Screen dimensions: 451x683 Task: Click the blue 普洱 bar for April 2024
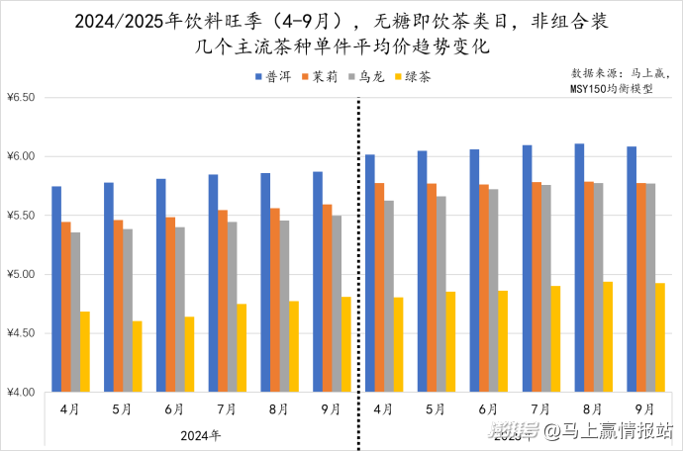pyautogui.click(x=56, y=289)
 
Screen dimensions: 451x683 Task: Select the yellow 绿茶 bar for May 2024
pyautogui.click(x=137, y=356)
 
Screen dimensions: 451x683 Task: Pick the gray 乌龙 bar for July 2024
pyautogui.click(x=232, y=307)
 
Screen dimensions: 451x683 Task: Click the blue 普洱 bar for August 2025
pyautogui.click(x=579, y=267)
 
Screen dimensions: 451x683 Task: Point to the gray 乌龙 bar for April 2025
pyautogui.click(x=388, y=296)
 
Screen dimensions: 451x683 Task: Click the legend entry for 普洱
pyautogui.click(x=271, y=76)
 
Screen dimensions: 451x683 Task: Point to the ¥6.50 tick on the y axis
pyautogui.click(x=20, y=98)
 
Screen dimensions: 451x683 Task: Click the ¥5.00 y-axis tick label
pyautogui.click(x=20, y=274)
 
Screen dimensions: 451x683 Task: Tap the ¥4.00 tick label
pyautogui.click(x=20, y=392)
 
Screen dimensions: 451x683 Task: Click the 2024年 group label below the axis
pyautogui.click(x=200, y=433)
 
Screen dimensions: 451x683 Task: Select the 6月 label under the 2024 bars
pyautogui.click(x=174, y=408)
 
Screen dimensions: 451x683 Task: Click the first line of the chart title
pyautogui.click(x=341, y=21)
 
